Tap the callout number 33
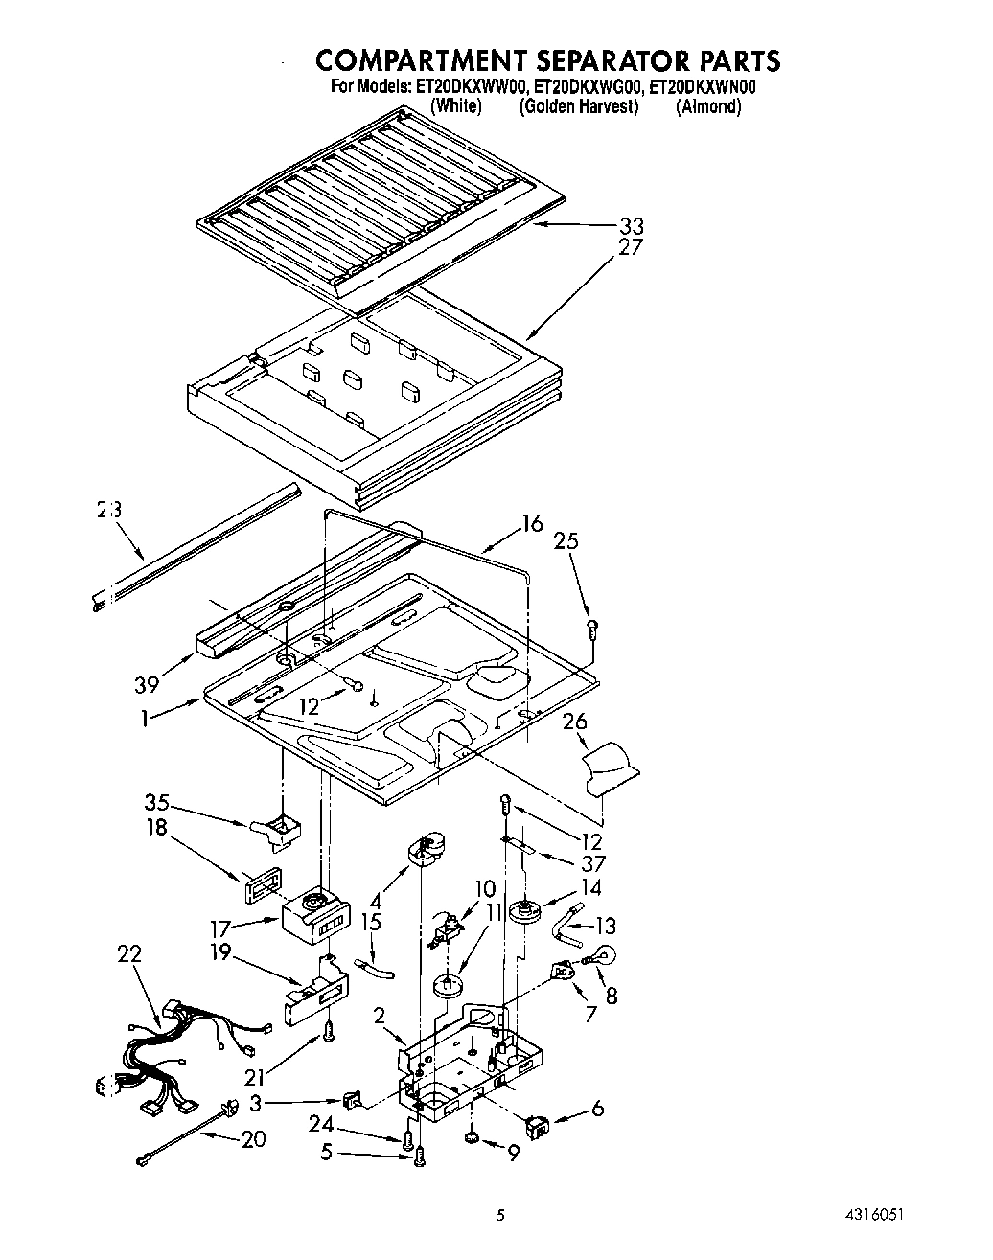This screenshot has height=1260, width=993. tap(631, 226)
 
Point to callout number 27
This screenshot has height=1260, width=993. tap(631, 247)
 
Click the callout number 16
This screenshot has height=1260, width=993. tap(532, 523)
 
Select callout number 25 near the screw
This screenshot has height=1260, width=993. tap(566, 540)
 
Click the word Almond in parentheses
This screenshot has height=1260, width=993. tap(708, 106)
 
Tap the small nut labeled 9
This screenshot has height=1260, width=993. tap(472, 1138)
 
